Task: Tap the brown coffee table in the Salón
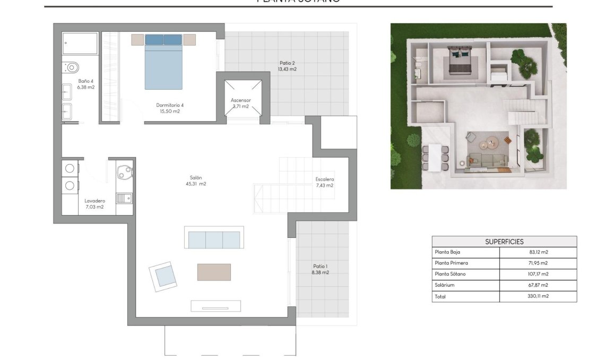(214, 272)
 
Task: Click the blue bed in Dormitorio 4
(163, 62)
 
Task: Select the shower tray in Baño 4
(80, 44)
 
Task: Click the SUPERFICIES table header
(504, 242)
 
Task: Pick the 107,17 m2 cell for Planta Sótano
(538, 275)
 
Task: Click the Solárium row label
(445, 286)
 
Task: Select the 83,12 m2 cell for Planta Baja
(538, 252)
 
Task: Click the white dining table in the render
(435, 157)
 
